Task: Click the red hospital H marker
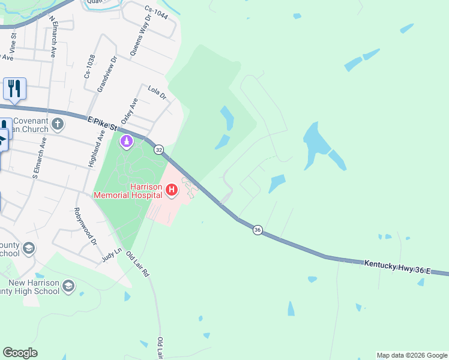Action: click(x=172, y=191)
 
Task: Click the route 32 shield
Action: click(x=158, y=149)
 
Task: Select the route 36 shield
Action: click(x=258, y=230)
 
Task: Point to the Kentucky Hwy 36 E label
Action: click(x=397, y=267)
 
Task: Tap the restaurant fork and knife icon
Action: click(x=14, y=88)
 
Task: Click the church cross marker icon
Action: click(x=58, y=124)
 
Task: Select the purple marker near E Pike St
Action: click(x=127, y=142)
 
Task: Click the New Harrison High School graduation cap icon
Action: click(x=68, y=286)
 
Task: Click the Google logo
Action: click(x=20, y=353)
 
